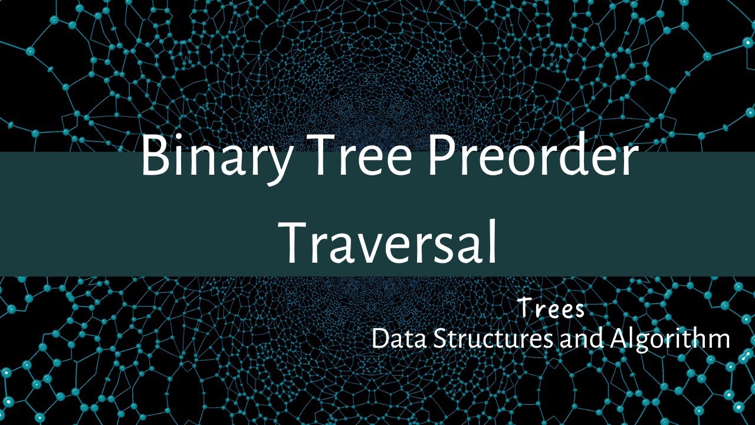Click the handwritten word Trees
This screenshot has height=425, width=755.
click(551, 308)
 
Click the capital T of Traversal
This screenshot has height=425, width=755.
click(298, 242)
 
